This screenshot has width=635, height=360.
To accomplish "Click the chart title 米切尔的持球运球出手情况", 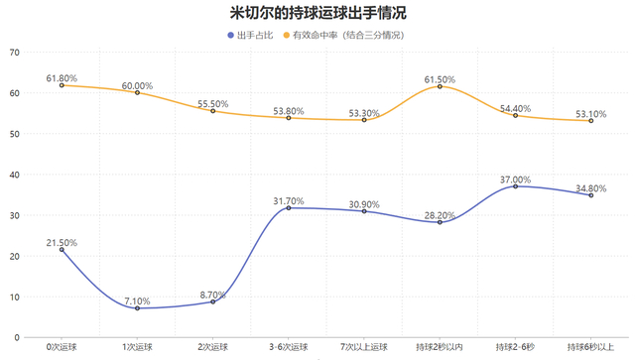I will point(317,14).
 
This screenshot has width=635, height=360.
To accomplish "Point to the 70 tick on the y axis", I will point(13,52).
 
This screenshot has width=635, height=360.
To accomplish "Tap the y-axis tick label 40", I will point(13,175).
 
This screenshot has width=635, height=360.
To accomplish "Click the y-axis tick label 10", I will point(13,297).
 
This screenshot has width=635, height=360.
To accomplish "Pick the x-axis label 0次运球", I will point(62,347).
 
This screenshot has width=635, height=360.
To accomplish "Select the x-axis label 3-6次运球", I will point(289,347).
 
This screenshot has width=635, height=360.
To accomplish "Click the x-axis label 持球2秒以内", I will point(440,347).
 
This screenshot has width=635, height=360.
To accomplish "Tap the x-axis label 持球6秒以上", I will point(590,347).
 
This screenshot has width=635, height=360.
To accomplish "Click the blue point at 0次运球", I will point(62,250).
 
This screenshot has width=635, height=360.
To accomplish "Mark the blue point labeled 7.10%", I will point(137,308).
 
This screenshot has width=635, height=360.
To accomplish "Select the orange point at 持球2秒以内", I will point(440,86).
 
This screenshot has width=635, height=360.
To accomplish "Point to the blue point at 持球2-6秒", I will point(515,186).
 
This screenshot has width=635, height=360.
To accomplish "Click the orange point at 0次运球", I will point(62,85).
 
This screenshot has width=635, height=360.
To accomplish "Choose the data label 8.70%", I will point(212,295).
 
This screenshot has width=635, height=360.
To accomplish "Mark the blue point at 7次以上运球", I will point(364,211).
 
